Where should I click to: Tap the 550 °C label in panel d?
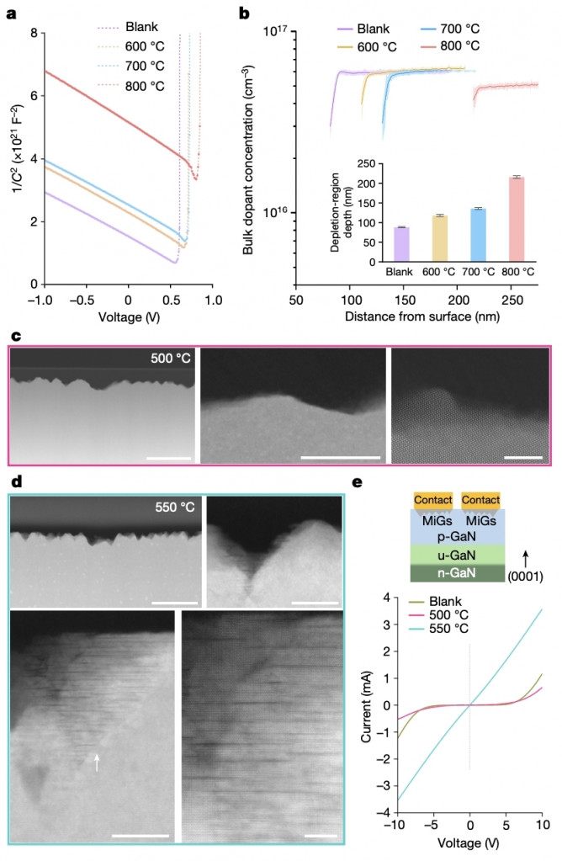(x=173, y=508)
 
